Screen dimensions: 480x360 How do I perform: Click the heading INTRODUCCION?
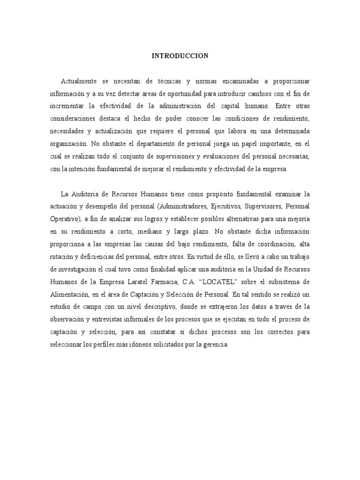coord(180,56)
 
